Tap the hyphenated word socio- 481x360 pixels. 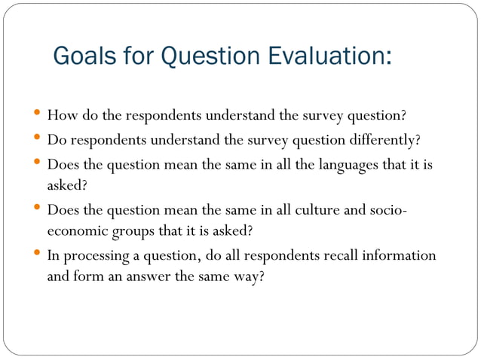[x=387, y=209]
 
